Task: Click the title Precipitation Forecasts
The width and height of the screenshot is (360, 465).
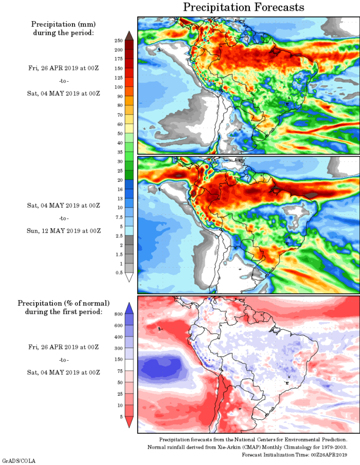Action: point(243,7)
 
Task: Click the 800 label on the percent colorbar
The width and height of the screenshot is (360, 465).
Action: point(118,313)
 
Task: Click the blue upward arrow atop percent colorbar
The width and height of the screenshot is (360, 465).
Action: point(130,308)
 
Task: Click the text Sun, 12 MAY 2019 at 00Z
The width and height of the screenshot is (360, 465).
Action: point(64,231)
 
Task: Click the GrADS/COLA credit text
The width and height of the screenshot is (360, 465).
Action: point(19,461)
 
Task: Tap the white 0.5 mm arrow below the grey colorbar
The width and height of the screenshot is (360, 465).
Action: point(130,277)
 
